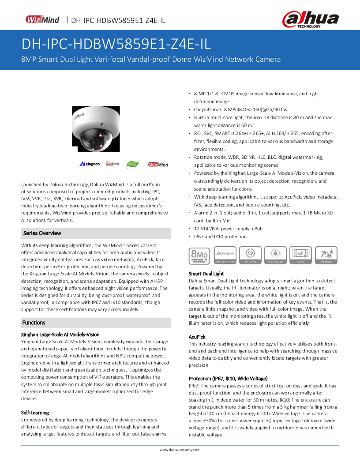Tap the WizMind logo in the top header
click(x=42, y=19)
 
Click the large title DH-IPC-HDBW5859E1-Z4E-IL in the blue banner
click(x=116, y=44)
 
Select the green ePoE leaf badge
click(x=133, y=164)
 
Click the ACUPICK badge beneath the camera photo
click(x=112, y=164)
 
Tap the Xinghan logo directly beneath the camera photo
click(x=90, y=164)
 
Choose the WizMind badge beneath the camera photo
click(x=158, y=164)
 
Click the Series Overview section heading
click(x=42, y=233)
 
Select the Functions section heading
click(x=34, y=323)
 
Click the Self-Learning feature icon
click(x=250, y=256)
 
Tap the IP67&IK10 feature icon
click(x=326, y=256)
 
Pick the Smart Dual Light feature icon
click(x=275, y=256)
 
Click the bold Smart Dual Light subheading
click(x=206, y=274)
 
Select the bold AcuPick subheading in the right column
click(x=197, y=337)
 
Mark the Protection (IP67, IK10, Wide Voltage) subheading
click(x=228, y=379)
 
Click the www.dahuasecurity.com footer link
click(x=180, y=449)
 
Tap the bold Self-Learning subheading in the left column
click(x=35, y=412)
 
